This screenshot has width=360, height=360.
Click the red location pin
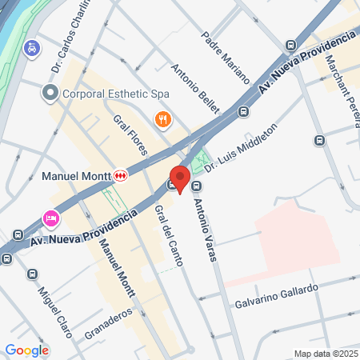pyautogui.click(x=179, y=178)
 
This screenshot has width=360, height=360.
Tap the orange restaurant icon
pyautogui.click(x=162, y=119)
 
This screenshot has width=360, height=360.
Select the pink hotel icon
pyautogui.click(x=50, y=218)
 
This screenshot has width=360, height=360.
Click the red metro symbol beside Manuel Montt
pyautogui.click(x=119, y=174)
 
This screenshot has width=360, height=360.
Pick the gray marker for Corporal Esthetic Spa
pyautogui.click(x=50, y=94)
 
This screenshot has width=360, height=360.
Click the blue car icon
pyautogui.click(x=31, y=47)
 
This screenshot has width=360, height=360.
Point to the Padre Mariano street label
pyautogui.click(x=226, y=59)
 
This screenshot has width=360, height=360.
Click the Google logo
pyautogui.click(x=26, y=350)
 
